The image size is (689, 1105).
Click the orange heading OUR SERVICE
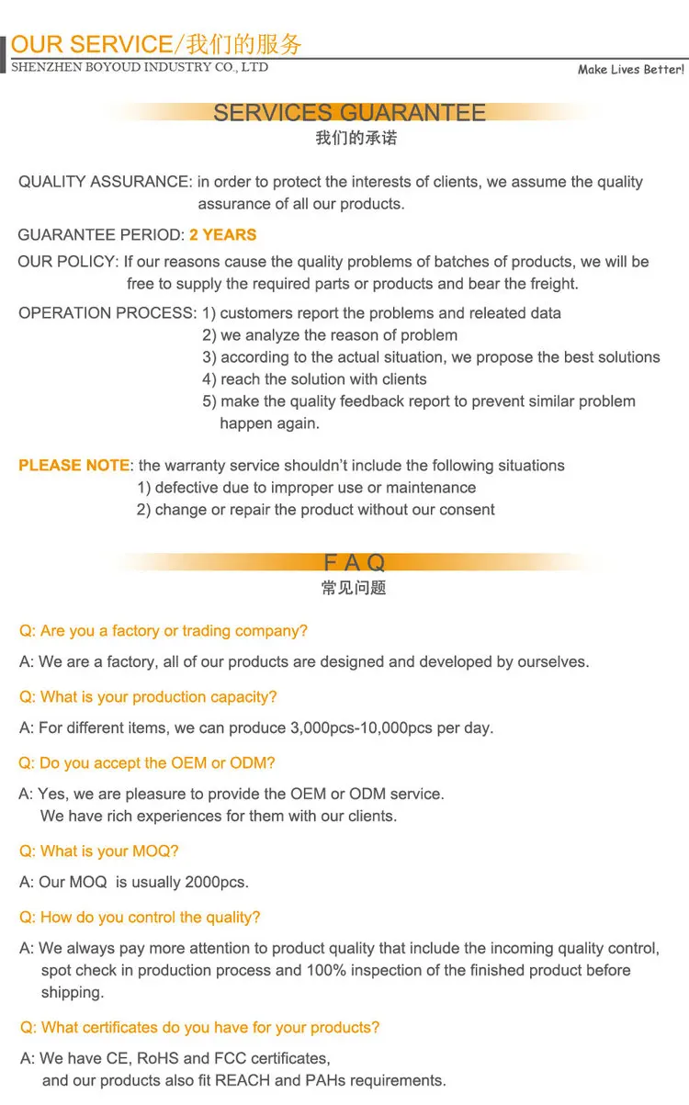pos(91,44)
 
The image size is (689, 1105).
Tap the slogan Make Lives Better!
pos(630,70)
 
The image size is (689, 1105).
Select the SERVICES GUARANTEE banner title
pos(349,113)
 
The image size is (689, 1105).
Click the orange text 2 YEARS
pos(223,234)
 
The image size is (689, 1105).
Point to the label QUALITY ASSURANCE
pos(104,182)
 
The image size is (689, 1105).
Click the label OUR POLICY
pos(67,262)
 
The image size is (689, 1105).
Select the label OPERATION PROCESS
pos(107,313)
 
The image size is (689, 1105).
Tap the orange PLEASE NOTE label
pos(73,466)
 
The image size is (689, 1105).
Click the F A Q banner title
pos(354,562)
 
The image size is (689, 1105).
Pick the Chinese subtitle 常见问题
pos(354,588)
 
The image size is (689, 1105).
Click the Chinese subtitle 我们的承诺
pos(356,139)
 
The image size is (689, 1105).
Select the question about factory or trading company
pos(164,631)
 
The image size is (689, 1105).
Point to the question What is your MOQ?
pos(99,851)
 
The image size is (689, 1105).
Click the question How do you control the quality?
pos(140,918)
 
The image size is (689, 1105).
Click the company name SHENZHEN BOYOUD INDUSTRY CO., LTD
pos(140,67)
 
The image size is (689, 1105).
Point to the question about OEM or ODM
pos(147,763)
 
